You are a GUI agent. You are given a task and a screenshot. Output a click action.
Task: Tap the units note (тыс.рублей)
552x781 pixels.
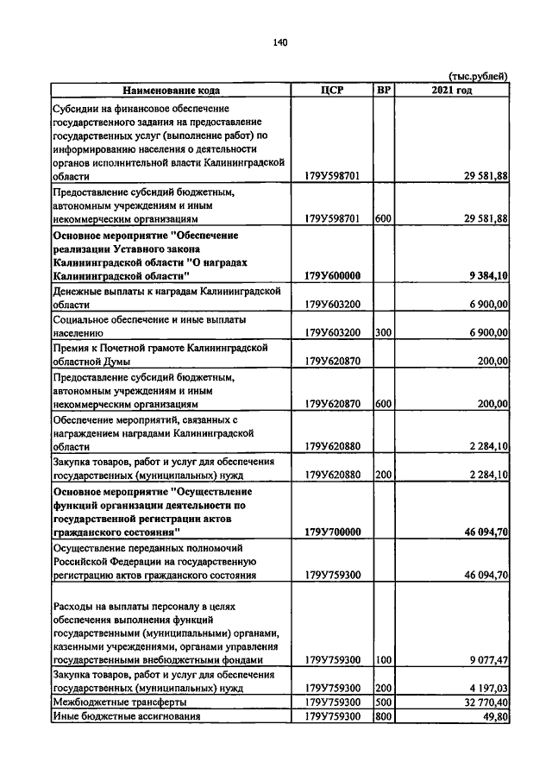[478, 77]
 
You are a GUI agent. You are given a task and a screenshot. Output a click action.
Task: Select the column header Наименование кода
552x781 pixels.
[171, 90]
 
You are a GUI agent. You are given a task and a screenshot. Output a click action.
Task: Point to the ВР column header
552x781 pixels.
[384, 90]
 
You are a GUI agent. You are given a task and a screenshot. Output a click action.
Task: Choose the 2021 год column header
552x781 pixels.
[452, 90]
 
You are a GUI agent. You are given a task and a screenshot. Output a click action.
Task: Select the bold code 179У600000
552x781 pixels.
[332, 275]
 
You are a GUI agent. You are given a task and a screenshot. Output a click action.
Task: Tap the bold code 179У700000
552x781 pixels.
[332, 532]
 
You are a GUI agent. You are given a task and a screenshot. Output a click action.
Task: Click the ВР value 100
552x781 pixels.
[384, 660]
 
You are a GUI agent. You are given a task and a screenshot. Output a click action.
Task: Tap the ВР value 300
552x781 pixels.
[384, 331]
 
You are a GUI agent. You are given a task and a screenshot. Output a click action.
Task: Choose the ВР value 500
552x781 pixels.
[384, 702]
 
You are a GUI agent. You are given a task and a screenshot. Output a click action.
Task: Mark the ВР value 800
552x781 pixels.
[384, 716]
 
